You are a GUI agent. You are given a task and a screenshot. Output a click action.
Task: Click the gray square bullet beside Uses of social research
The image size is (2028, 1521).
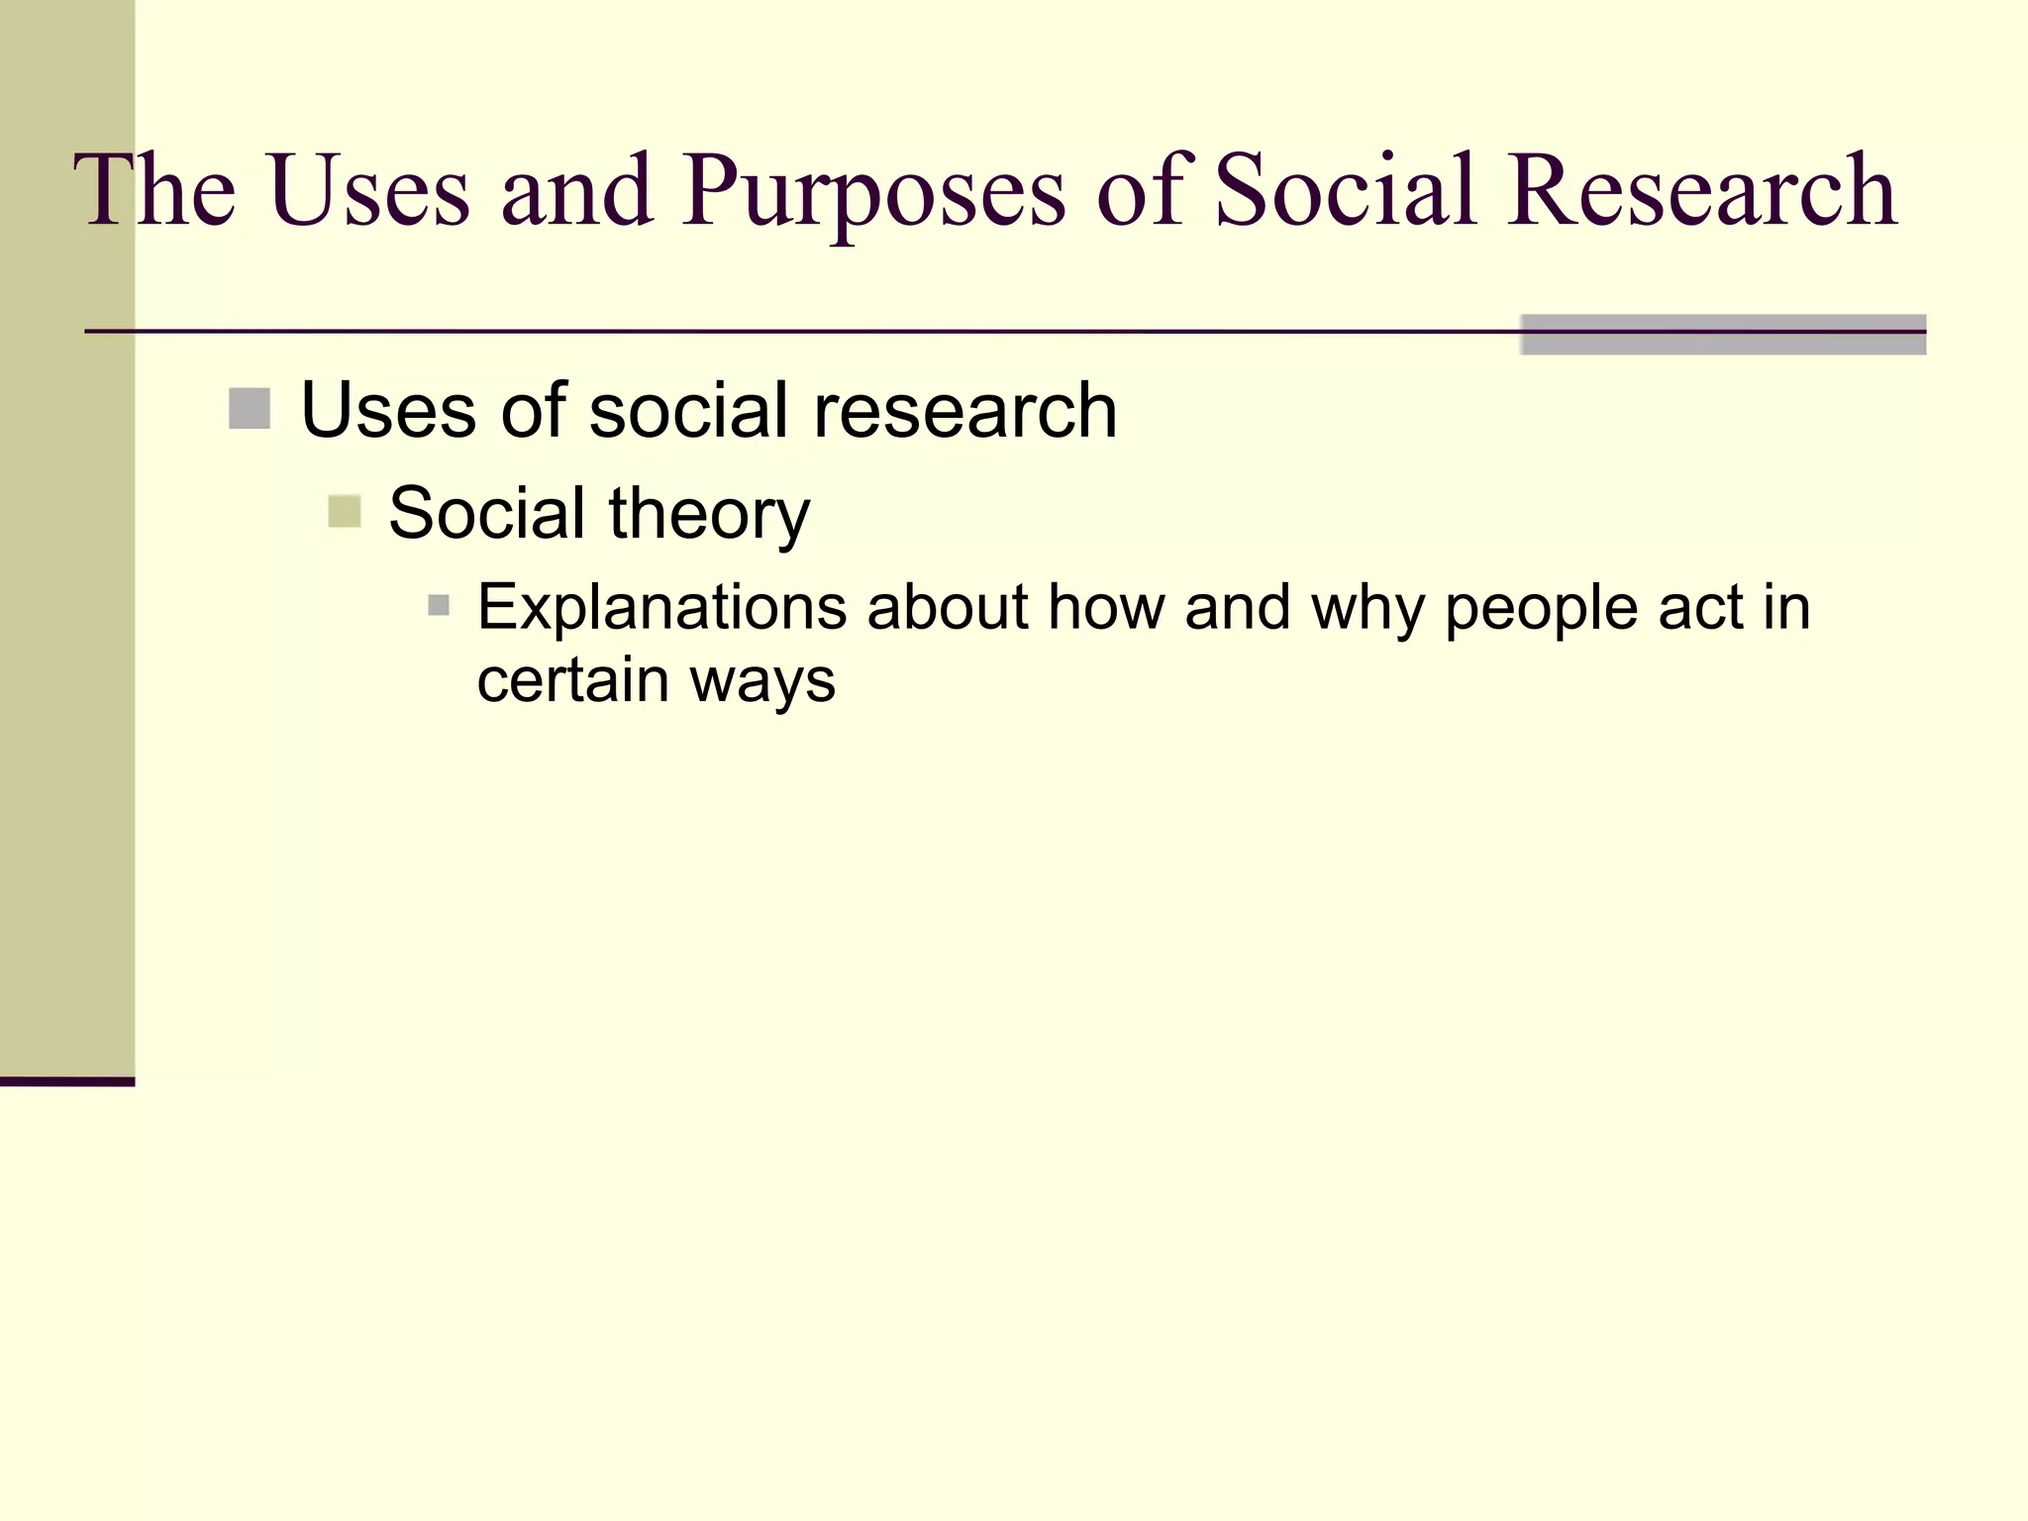point(250,409)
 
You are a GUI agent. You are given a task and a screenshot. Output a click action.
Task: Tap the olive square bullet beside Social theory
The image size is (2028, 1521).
point(345,512)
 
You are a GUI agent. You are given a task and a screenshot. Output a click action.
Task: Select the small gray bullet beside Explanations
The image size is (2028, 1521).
point(439,605)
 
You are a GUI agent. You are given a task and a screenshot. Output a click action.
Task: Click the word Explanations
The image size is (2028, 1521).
point(661,608)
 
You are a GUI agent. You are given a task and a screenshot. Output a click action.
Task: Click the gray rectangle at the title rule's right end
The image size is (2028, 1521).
point(1723,335)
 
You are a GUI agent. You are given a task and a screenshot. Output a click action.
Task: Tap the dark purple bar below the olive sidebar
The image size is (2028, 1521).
point(67,1081)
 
